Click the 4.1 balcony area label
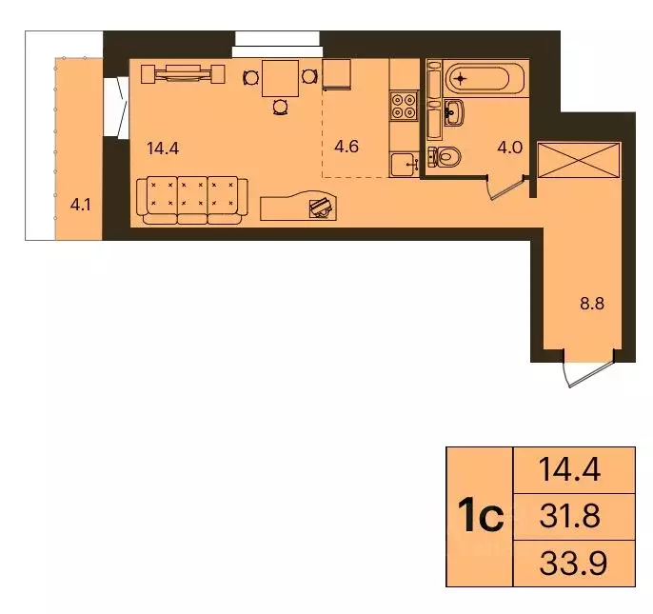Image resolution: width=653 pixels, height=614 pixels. tap(80, 203)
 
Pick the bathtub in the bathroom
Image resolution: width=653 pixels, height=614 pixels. tap(474, 76)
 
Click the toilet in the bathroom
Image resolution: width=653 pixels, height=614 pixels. tap(445, 155)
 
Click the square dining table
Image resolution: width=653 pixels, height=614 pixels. tap(279, 76)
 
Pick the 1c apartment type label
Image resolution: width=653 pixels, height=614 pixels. tap(480, 517)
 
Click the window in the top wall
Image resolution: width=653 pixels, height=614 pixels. tap(277, 38)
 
